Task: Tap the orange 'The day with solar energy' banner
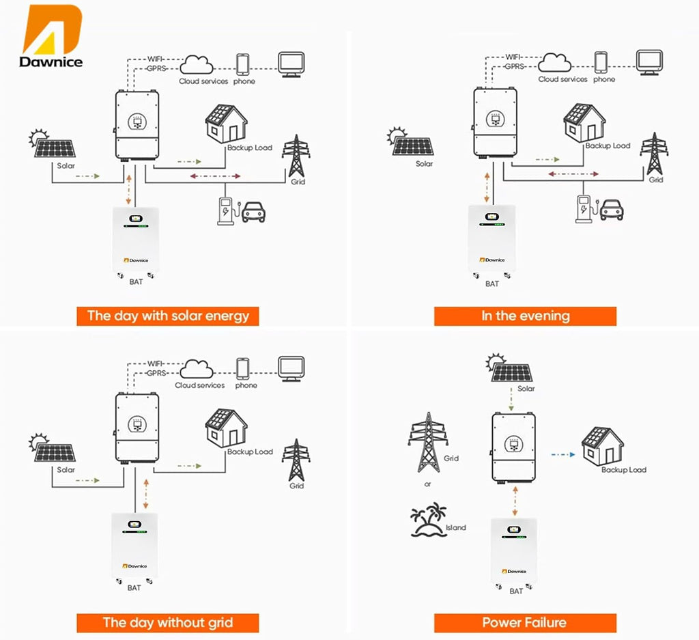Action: click(x=168, y=316)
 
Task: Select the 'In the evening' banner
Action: click(x=525, y=316)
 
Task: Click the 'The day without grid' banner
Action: click(x=168, y=623)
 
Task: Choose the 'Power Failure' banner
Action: click(x=525, y=623)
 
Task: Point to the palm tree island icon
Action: click(x=428, y=520)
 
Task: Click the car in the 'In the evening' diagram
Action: click(x=612, y=210)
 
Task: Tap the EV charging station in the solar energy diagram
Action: click(x=227, y=211)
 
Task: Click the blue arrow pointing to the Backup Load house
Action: click(x=563, y=454)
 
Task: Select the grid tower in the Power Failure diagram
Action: click(x=428, y=442)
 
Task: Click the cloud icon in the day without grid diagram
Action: click(x=197, y=370)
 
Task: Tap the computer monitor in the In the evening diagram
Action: click(x=649, y=62)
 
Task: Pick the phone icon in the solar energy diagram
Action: click(x=242, y=65)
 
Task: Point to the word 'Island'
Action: click(x=455, y=527)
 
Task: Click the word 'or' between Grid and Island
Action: click(x=428, y=484)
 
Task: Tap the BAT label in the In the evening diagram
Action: click(x=492, y=283)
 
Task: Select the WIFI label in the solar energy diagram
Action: click(x=155, y=59)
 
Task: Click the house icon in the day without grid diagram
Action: click(x=226, y=428)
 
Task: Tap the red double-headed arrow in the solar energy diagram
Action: click(x=215, y=176)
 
